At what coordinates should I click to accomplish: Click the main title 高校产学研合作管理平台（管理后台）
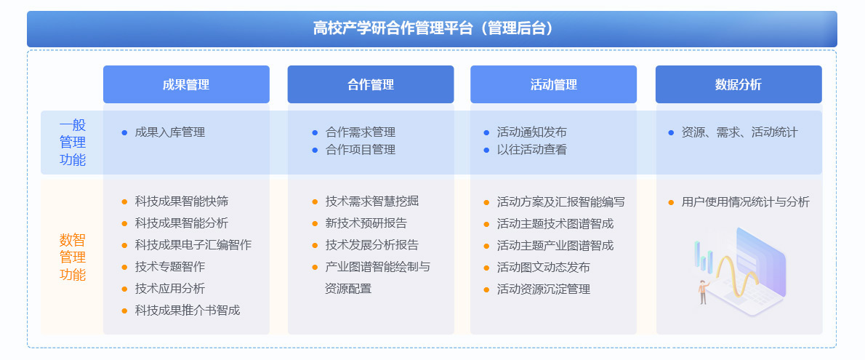432,28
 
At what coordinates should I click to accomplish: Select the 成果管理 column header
187,84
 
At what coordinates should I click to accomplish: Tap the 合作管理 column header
371,84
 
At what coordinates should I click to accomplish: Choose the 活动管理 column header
553,84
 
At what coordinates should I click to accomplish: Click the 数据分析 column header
739,84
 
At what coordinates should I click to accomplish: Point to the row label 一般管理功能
73,143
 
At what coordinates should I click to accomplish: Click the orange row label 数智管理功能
73,257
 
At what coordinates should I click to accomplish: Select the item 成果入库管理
170,132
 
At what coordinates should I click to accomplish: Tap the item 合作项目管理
361,150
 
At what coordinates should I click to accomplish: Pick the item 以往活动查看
532,150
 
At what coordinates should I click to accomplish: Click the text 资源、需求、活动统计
739,132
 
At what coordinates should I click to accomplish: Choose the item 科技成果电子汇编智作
193,244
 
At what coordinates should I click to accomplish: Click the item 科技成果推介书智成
188,311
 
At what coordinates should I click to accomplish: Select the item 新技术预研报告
366,223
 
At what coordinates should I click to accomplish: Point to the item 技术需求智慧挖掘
372,201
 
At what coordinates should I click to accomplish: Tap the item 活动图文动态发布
544,267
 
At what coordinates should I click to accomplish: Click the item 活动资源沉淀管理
544,289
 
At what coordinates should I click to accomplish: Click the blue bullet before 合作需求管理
315,133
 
